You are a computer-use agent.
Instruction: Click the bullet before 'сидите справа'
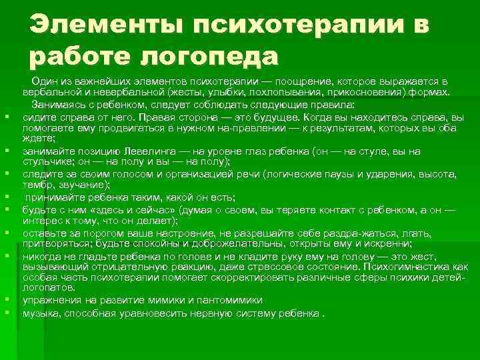coord(7,117)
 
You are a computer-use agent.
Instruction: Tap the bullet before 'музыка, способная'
coord(7,313)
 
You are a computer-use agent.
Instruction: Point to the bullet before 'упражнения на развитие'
coord(7,301)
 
